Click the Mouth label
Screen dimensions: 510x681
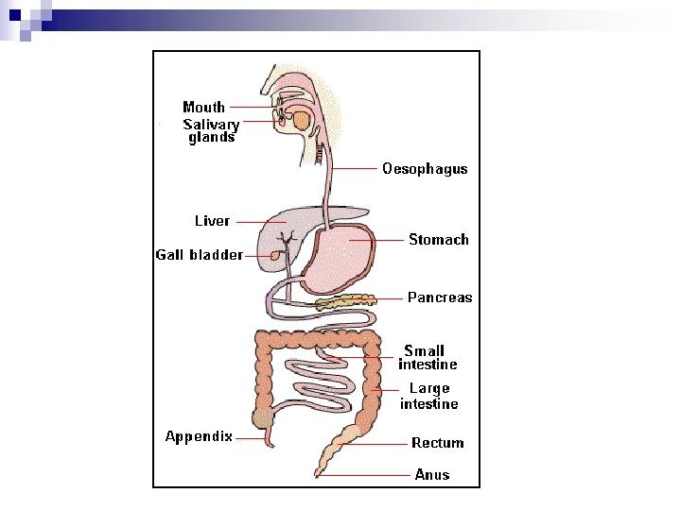pyautogui.click(x=203, y=107)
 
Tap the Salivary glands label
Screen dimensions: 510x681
pyautogui.click(x=211, y=130)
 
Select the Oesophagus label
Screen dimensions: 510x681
pyautogui.click(x=425, y=169)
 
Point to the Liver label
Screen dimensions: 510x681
pyautogui.click(x=212, y=221)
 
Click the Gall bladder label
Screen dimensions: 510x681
pyautogui.click(x=200, y=255)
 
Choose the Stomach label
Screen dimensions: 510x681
pyautogui.click(x=438, y=240)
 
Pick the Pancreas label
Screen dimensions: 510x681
pyautogui.click(x=440, y=297)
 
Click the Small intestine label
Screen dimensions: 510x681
pyautogui.click(x=428, y=357)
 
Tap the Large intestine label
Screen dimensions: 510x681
pyautogui.click(x=428, y=396)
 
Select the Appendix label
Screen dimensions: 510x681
pyautogui.click(x=199, y=436)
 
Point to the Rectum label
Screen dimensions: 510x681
pyautogui.click(x=437, y=443)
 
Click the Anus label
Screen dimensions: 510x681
pyautogui.click(x=432, y=474)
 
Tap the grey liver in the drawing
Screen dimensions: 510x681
pyautogui.click(x=284, y=227)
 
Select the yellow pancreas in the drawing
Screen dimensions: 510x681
pyautogui.click(x=345, y=302)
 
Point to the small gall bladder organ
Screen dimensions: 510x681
pyautogui.click(x=275, y=255)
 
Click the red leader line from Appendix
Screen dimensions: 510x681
pyautogui.click(x=251, y=437)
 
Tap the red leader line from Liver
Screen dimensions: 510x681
pyautogui.click(x=260, y=222)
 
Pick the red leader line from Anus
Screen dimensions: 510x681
pyautogui.click(x=364, y=475)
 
